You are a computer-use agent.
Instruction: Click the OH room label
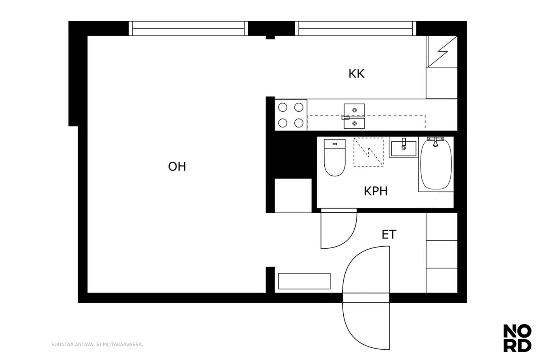point(177,167)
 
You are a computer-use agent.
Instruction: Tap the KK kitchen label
point(356,74)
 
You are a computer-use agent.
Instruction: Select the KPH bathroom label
point(376,191)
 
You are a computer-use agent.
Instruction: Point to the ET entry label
point(389,234)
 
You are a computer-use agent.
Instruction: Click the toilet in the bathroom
point(335,157)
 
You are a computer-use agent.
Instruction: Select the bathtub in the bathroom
point(436,164)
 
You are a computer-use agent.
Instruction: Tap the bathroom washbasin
point(404,149)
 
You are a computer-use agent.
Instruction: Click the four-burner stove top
point(291,115)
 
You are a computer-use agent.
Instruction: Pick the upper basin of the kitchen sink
point(354,110)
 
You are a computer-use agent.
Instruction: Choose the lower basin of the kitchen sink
point(354,123)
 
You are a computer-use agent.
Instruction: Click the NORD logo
point(517,338)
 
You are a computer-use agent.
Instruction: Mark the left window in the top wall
point(188,28)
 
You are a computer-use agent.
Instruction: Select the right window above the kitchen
point(356,28)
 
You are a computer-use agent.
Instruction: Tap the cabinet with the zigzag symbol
point(442,51)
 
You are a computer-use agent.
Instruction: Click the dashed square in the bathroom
point(369,152)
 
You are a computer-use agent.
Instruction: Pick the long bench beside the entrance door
point(304,281)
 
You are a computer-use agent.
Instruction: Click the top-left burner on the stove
point(283,107)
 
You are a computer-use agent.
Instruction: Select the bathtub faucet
point(435,141)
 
